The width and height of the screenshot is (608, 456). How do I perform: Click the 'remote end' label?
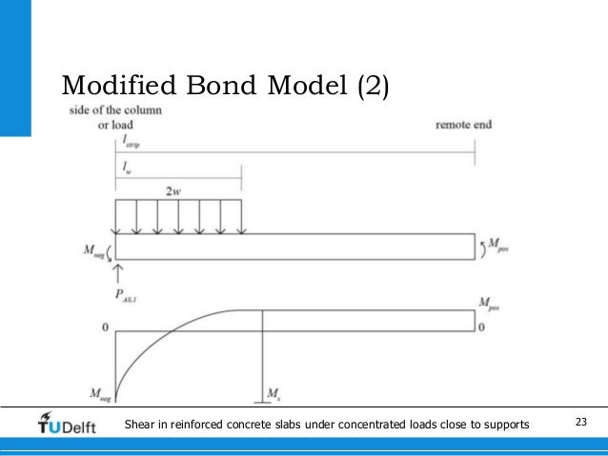point(463,125)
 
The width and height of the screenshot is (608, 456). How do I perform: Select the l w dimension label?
point(126,166)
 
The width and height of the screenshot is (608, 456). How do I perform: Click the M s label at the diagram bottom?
point(273,392)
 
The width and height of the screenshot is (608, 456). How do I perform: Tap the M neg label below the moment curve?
point(93,392)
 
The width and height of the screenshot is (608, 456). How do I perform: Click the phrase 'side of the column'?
point(115,110)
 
